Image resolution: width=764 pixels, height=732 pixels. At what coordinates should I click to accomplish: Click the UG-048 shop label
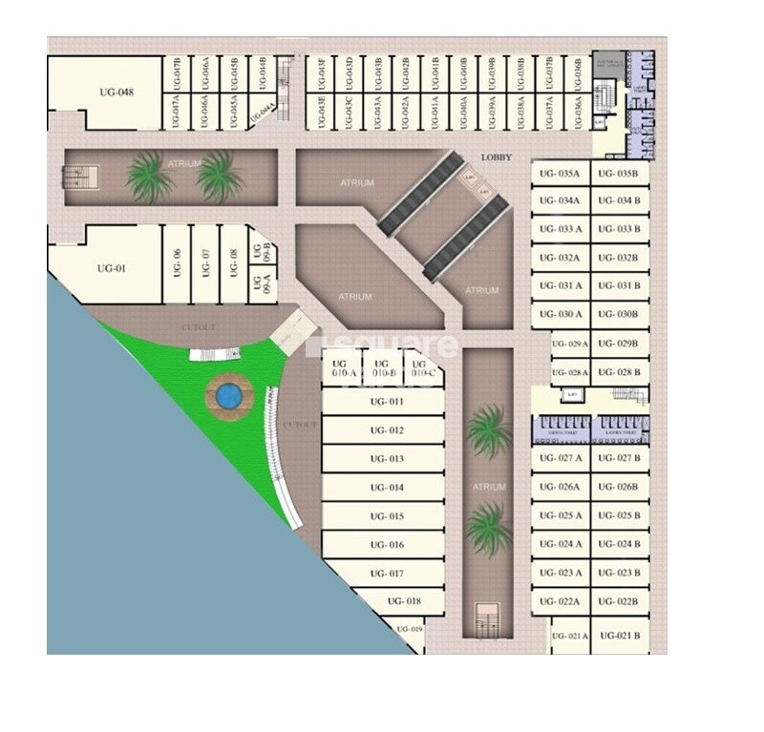(116, 93)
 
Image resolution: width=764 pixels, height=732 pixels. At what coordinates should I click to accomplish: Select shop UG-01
(112, 268)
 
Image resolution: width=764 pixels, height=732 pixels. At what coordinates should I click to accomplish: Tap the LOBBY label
(497, 157)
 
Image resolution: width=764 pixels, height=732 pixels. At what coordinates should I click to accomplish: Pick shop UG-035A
(559, 174)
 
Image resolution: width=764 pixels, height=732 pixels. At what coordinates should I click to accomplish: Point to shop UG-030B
(621, 315)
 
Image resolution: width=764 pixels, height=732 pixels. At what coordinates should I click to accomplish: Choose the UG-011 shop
(383, 402)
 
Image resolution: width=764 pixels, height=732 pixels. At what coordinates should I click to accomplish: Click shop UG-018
(404, 601)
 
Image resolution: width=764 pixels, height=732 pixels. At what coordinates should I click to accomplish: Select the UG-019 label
(409, 629)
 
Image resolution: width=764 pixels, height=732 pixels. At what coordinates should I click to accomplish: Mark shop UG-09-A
(257, 283)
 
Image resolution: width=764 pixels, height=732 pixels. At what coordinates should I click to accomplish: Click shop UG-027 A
(559, 458)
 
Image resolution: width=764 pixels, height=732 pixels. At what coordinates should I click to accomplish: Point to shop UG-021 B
(621, 636)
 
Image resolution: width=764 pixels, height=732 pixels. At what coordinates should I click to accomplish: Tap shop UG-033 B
(621, 230)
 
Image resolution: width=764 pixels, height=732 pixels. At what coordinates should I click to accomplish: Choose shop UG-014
(383, 488)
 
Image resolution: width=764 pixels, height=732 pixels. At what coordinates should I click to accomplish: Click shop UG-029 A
(571, 344)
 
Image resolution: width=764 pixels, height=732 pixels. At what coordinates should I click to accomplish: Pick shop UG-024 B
(621, 544)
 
